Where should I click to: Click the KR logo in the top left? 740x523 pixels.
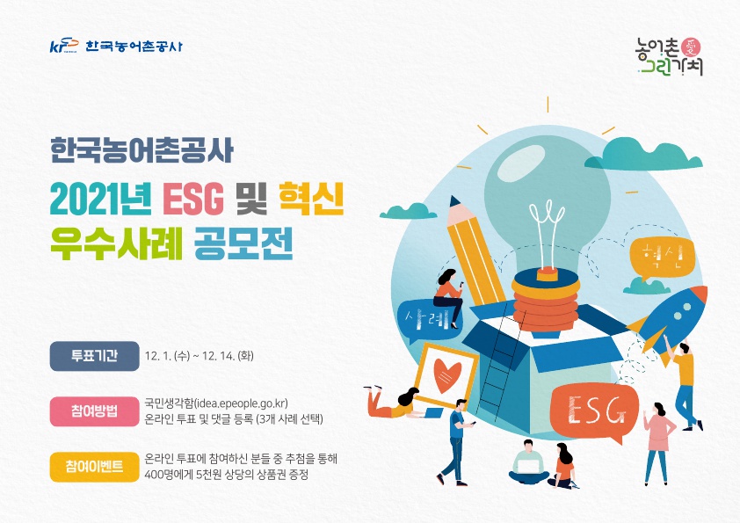pos(63,46)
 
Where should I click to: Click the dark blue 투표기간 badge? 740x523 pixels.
pos(95,356)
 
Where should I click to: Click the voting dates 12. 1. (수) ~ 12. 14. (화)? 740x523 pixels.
pos(200,357)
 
